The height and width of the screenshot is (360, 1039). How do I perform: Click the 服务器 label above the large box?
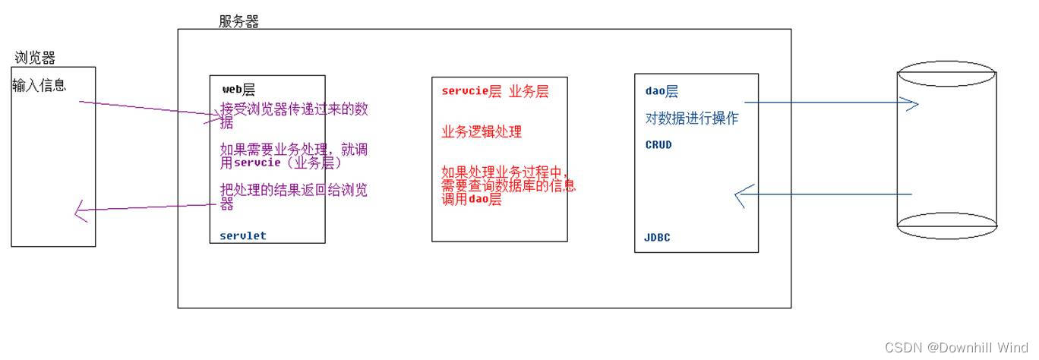click(x=238, y=21)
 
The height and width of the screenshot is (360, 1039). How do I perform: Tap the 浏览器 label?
click(x=35, y=58)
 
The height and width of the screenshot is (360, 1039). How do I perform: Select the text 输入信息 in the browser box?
click(x=39, y=85)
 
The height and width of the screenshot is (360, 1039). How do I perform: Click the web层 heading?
click(x=238, y=89)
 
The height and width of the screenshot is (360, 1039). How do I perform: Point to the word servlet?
click(x=243, y=235)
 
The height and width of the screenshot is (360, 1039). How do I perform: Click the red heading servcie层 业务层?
click(x=494, y=91)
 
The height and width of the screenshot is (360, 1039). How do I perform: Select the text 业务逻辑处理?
click(x=482, y=131)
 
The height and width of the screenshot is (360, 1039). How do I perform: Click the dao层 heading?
click(x=662, y=91)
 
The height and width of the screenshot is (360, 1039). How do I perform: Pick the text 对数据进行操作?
click(x=691, y=118)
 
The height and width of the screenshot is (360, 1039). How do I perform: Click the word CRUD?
click(x=658, y=144)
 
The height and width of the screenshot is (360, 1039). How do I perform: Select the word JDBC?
click(x=658, y=238)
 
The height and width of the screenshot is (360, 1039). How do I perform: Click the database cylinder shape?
click(x=946, y=152)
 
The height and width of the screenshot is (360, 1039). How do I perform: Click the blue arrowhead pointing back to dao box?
click(x=741, y=195)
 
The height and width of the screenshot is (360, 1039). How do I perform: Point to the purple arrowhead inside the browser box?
click(x=81, y=211)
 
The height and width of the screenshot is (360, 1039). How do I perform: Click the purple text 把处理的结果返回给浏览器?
click(x=293, y=196)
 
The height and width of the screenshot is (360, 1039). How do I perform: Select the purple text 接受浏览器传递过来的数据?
click(x=293, y=115)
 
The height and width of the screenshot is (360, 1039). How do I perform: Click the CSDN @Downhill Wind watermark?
click(x=956, y=347)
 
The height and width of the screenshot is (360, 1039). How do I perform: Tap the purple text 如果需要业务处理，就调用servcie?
click(x=293, y=156)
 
